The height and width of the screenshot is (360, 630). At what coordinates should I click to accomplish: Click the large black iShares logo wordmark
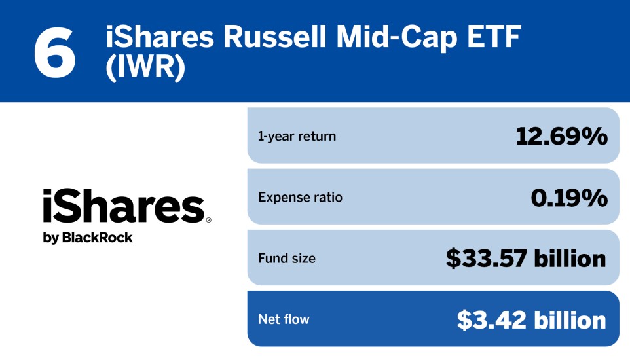tap(124, 206)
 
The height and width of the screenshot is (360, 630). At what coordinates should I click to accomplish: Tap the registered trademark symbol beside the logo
tap(208, 221)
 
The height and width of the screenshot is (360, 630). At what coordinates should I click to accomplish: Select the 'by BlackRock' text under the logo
tap(88, 238)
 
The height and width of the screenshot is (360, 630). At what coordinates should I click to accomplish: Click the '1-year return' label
tap(297, 136)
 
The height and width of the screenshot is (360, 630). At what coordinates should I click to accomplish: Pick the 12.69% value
tap(561, 136)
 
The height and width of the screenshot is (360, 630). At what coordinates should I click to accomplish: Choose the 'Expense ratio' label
tap(300, 197)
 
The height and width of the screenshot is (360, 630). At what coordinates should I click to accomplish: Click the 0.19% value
tap(568, 197)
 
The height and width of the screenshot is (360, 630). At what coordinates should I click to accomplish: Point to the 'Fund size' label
tap(287, 259)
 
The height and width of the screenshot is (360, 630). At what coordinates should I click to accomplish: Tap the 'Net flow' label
tap(284, 319)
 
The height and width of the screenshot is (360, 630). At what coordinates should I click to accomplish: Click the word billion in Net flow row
tap(570, 319)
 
